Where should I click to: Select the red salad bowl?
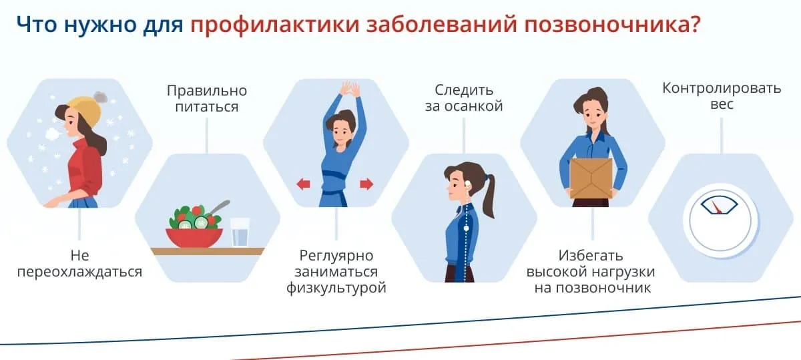[194, 237]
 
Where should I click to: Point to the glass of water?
[240, 232]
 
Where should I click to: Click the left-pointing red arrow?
[303, 184]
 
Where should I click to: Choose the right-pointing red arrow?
[366, 184]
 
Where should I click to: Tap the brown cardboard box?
[591, 178]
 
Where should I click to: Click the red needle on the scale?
[716, 207]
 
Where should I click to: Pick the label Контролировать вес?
[722, 96]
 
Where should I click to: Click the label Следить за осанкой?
[464, 98]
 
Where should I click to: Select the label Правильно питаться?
[207, 98]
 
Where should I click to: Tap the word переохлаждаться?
[79, 272]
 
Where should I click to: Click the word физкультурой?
[336, 288]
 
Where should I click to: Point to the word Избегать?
[591, 256]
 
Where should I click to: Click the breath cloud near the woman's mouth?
[53, 134]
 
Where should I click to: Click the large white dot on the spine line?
[466, 228]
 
